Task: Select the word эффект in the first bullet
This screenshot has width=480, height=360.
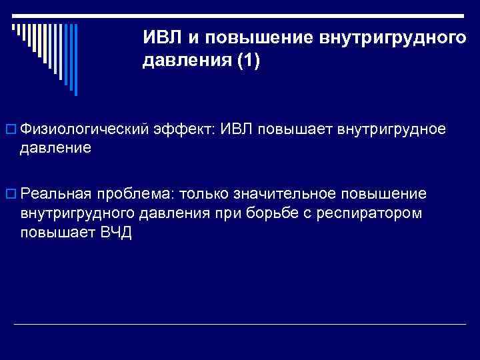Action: [x=186, y=129]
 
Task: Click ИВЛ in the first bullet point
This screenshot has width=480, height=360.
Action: [x=234, y=128]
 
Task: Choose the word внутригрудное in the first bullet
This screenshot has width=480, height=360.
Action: [x=393, y=128]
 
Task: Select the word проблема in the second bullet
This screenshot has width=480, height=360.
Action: [x=135, y=194]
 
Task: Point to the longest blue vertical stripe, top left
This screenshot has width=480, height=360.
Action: [x=75, y=60]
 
